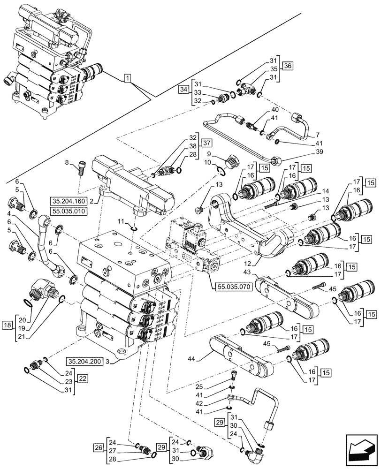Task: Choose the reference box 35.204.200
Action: (x=88, y=361)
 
